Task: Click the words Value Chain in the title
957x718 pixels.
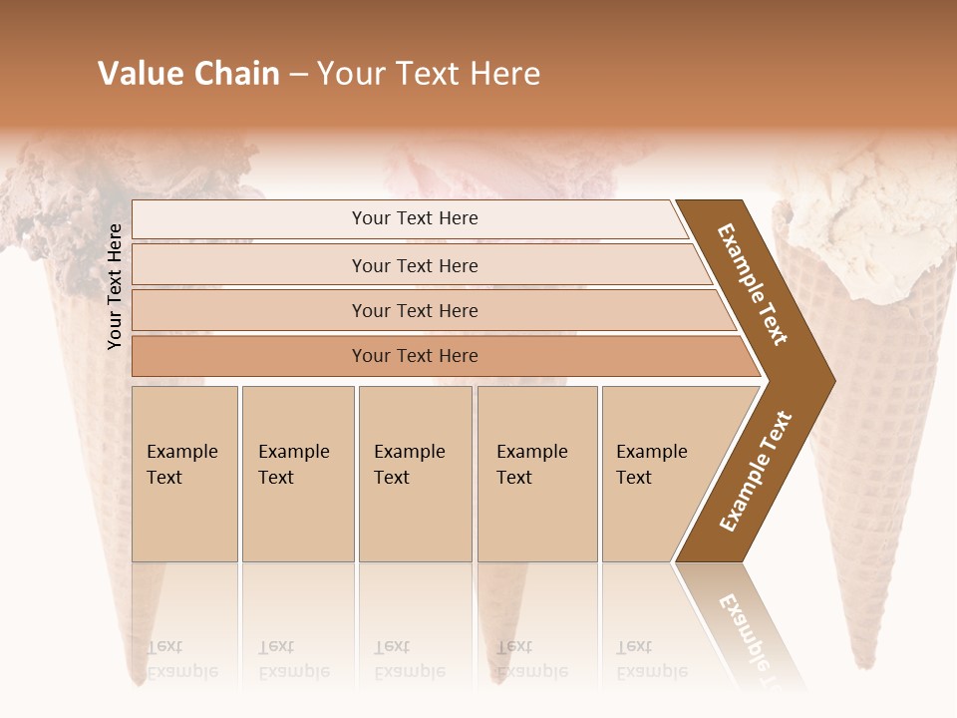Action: coord(188,74)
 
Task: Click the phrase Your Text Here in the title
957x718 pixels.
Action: coord(429,74)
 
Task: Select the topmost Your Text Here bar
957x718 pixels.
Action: coord(415,218)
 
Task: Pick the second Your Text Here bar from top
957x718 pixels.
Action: coord(415,265)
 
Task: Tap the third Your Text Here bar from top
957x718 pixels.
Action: coord(415,310)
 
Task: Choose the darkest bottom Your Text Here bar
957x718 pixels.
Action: coord(415,356)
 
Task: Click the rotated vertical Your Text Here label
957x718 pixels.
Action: coord(115,286)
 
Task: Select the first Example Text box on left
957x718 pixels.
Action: coord(184,474)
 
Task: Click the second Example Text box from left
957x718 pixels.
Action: coord(297,474)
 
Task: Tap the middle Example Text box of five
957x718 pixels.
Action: coord(415,474)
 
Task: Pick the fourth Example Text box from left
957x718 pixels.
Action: coord(536,474)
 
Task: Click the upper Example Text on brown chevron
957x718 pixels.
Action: coord(753,284)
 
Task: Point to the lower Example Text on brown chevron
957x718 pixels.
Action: coord(755,472)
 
